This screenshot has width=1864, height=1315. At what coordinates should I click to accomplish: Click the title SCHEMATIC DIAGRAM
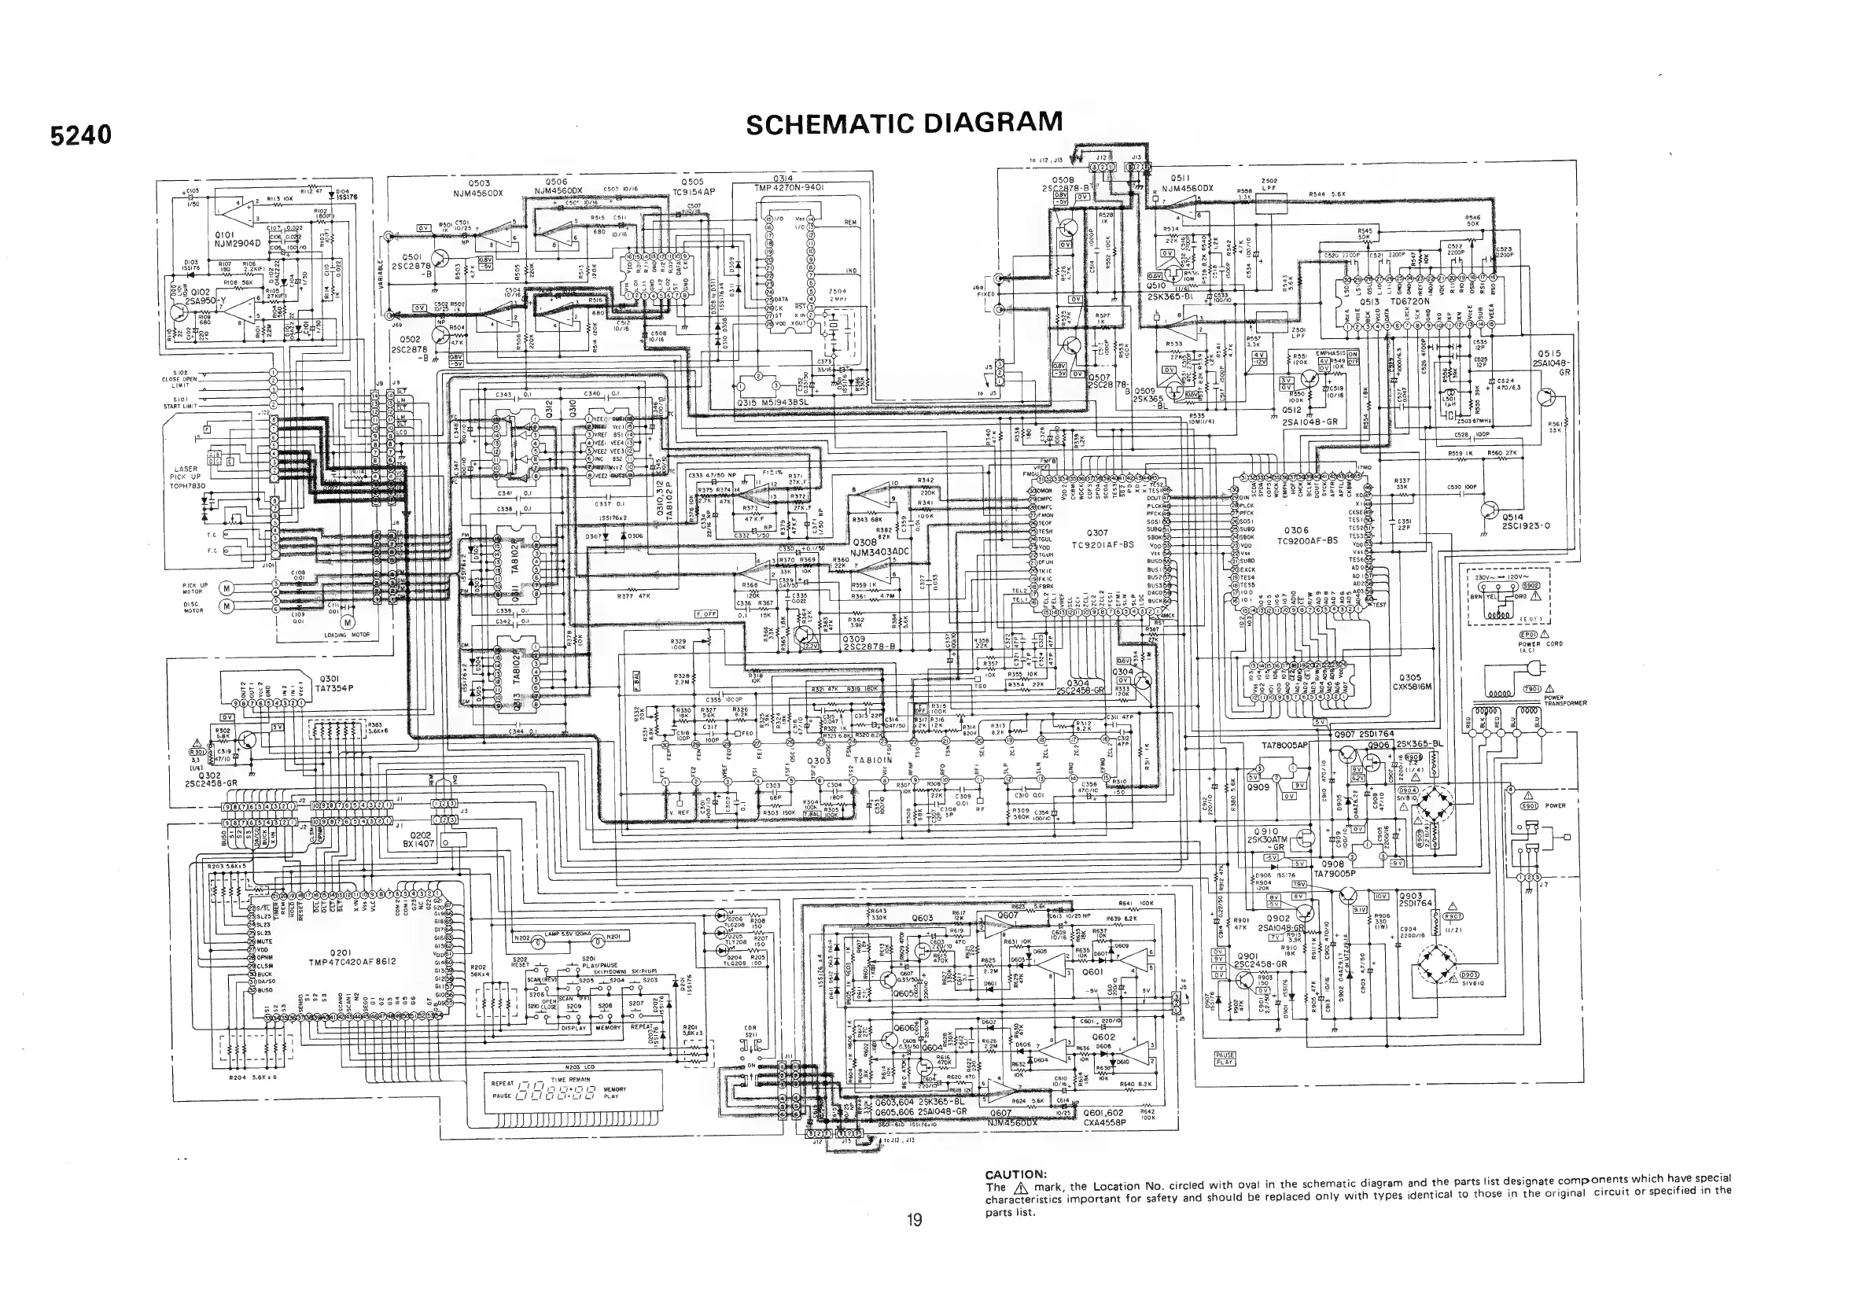pos(904,123)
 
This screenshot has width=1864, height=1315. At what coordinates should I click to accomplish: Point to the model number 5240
pos(80,134)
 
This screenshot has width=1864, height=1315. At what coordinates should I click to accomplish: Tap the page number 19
pos(914,1219)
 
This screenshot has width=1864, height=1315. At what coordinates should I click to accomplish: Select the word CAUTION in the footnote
pos(1015,1173)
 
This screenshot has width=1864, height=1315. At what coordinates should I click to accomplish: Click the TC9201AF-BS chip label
pos(1102,545)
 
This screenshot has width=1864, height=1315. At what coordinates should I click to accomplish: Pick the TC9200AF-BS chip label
pos(1307,540)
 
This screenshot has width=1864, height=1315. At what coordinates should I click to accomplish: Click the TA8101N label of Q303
pos(872,761)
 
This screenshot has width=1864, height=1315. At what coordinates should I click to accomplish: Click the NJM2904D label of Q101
pos(235,243)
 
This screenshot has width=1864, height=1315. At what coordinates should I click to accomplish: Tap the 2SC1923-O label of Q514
pos(1527,525)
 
